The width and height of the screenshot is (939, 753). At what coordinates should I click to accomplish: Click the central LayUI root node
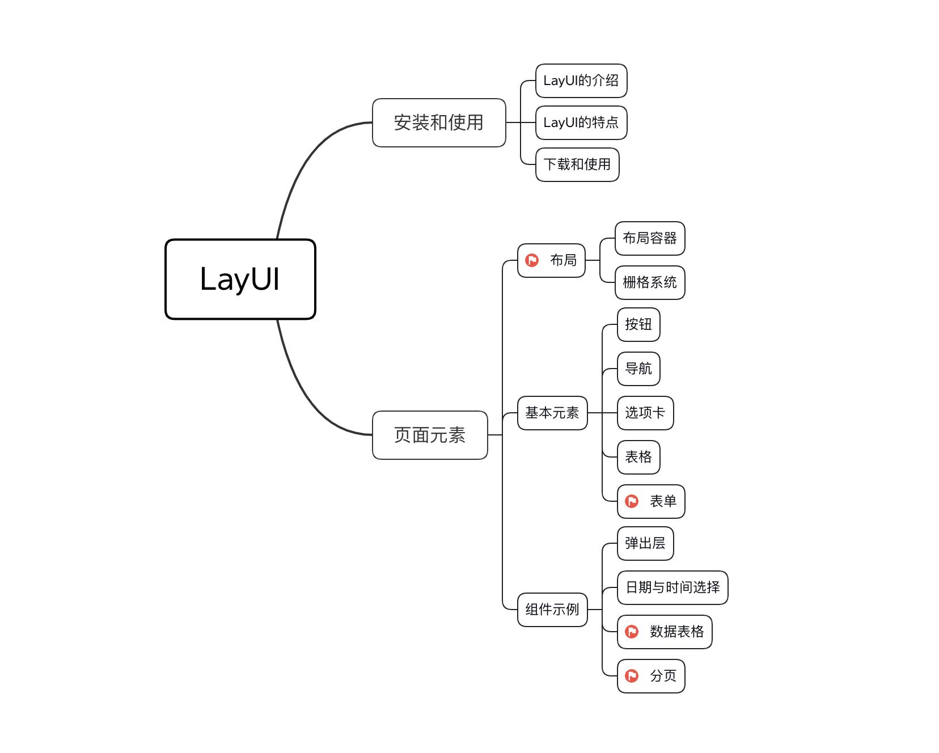(240, 279)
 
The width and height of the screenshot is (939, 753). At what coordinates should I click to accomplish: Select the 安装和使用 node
(438, 122)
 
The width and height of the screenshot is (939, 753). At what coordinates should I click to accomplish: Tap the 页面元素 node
(429, 435)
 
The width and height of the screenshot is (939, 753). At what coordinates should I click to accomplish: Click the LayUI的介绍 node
(581, 81)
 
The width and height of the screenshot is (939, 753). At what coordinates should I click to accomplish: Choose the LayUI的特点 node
(581, 122)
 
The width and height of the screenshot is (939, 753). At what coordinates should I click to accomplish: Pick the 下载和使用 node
(577, 164)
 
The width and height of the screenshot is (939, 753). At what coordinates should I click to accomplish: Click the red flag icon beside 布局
(532, 260)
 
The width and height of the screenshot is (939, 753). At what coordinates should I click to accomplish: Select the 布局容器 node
(649, 238)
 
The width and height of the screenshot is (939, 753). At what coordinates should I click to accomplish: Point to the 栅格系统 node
(649, 282)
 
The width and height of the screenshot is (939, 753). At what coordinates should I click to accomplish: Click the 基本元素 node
(552, 413)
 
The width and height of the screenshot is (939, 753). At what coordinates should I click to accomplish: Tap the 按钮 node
(638, 324)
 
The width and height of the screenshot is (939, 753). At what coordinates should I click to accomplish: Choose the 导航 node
(638, 369)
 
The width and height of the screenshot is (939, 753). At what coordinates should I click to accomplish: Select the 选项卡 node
(645, 413)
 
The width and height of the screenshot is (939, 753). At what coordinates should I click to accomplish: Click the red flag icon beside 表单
(632, 501)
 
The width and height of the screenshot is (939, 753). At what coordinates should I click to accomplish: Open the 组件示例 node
(552, 610)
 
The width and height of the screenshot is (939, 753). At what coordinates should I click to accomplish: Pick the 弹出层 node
(645, 543)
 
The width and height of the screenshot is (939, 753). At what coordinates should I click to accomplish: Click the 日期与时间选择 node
(672, 587)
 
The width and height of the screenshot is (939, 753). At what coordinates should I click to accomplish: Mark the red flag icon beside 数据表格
(632, 632)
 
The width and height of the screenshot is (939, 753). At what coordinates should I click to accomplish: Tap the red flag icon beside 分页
(632, 676)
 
